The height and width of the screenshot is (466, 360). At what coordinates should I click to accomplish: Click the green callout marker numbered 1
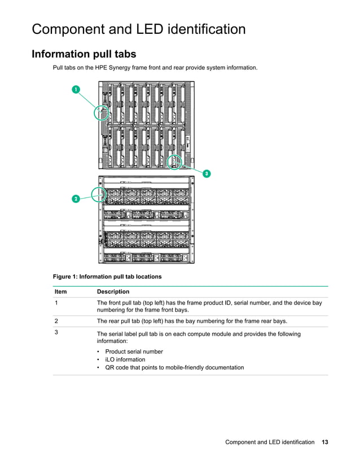point(75,89)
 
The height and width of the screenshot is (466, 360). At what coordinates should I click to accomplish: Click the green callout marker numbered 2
point(75,199)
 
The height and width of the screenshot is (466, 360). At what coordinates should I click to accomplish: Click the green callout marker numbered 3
point(207,174)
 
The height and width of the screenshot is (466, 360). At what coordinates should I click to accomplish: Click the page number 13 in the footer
point(324,442)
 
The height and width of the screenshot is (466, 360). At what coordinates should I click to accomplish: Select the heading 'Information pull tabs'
point(84,54)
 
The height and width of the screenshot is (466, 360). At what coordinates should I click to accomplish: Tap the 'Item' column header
point(60,292)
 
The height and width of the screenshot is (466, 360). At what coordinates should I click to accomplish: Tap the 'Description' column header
point(113,292)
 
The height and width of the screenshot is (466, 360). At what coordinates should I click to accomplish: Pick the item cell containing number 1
point(56,303)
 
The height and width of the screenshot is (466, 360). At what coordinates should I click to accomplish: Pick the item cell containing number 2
point(56,321)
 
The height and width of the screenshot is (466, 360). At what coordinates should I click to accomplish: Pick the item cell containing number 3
point(56,332)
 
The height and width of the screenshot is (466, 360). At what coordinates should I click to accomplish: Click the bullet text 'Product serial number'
point(134,351)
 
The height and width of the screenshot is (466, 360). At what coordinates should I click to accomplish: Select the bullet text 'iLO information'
point(125,359)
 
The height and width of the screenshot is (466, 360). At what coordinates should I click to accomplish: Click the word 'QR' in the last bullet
point(110,367)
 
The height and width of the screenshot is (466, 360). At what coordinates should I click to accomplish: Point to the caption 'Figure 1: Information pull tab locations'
point(107,276)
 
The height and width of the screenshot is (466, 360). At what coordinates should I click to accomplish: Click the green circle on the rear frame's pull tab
point(100,195)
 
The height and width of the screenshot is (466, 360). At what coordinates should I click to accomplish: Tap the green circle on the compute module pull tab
point(175,162)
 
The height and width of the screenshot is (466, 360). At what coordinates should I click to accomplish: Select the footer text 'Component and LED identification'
point(270,442)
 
